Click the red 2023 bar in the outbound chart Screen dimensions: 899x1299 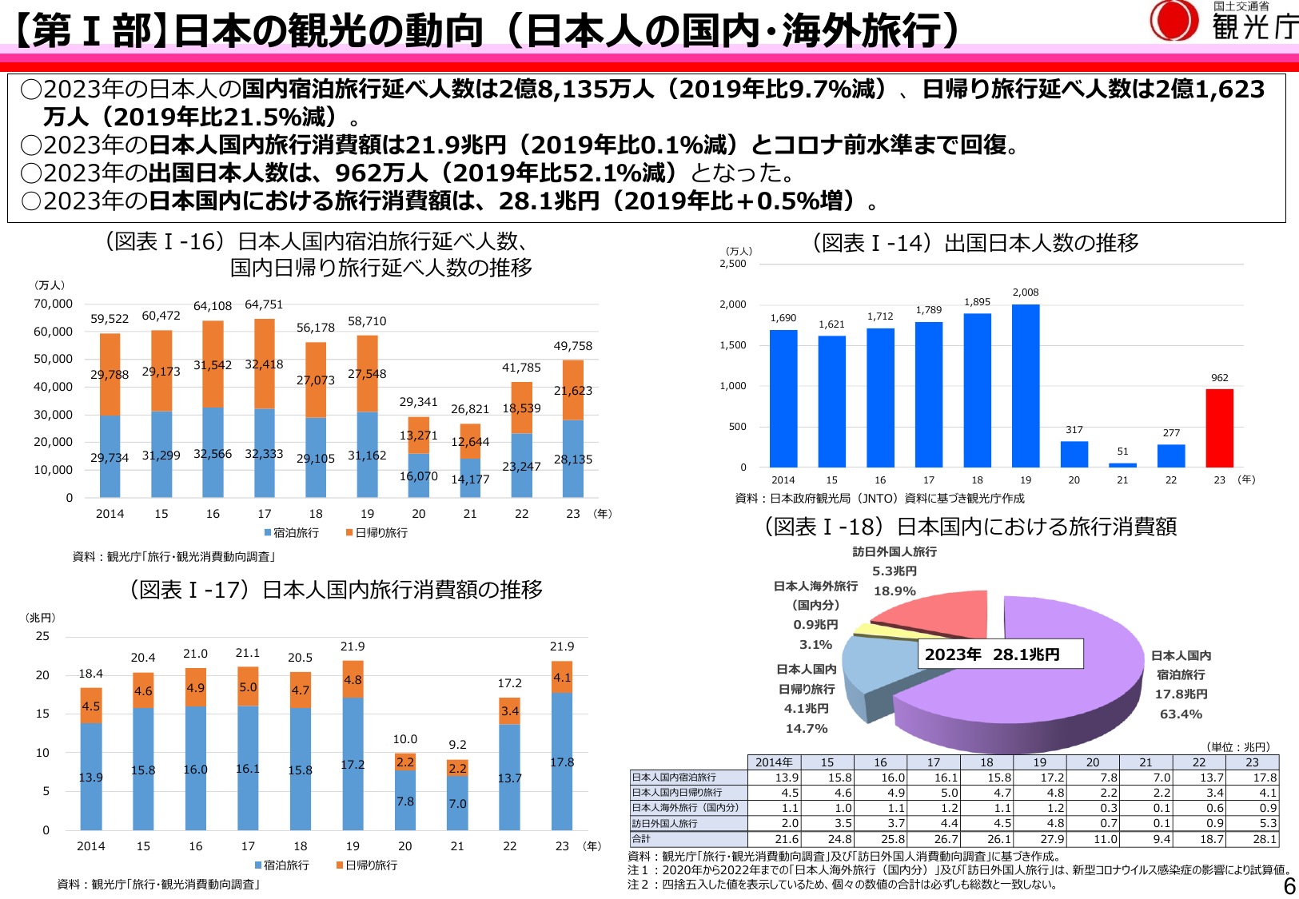click(x=1219, y=428)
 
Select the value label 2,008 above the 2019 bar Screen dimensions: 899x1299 click(x=1026, y=292)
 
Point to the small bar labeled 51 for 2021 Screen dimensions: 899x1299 click(x=1122, y=464)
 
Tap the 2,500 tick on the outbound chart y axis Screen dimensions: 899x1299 click(x=733, y=264)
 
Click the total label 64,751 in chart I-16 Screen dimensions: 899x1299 click(x=264, y=304)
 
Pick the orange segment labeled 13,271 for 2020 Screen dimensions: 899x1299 click(x=419, y=436)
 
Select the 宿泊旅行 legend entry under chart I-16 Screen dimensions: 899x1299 click(x=292, y=532)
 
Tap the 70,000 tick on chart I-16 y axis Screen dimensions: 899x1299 click(x=53, y=304)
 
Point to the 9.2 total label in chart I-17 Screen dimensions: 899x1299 click(x=457, y=745)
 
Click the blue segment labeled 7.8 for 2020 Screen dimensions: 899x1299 click(x=405, y=801)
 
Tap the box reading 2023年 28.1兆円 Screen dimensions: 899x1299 click(x=999, y=654)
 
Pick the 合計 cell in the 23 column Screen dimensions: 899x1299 click(x=1253, y=839)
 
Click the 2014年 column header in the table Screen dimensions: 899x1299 click(x=774, y=762)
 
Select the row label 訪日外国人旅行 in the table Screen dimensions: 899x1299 click(x=665, y=823)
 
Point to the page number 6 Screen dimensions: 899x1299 click(x=1289, y=885)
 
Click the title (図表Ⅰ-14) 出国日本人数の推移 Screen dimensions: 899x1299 click(x=975, y=243)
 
